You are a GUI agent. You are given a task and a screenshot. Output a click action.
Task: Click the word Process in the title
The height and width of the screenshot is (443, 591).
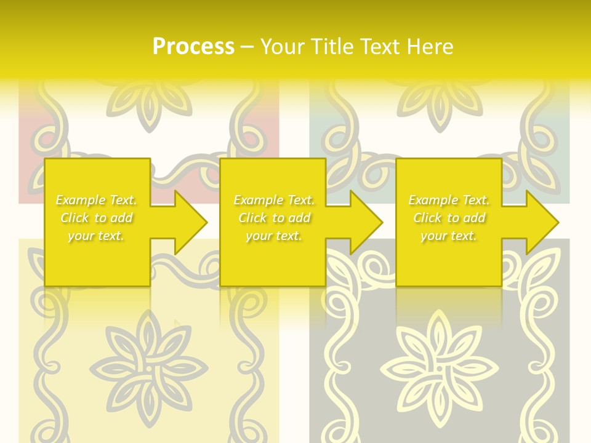pos(193,47)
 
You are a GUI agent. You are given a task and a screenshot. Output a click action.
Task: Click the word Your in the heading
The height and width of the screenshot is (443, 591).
pos(284,47)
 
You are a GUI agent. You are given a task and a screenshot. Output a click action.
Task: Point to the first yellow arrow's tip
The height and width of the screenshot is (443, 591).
pos(206,222)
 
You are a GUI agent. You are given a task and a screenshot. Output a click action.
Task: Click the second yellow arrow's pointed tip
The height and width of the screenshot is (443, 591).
pos(382,222)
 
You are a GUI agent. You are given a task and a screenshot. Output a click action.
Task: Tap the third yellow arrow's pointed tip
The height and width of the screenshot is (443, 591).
pos(558,222)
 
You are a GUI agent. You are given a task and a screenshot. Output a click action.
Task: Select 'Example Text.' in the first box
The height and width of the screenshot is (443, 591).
pos(96,200)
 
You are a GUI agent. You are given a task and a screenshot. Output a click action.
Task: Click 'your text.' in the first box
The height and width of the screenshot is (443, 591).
pos(96,236)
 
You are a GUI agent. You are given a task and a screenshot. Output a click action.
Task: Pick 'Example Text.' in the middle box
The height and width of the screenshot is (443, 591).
pos(274,200)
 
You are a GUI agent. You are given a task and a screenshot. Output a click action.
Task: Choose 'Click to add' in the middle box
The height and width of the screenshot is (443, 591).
pos(274,218)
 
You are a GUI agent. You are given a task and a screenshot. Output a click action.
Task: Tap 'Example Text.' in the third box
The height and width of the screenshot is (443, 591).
pos(449,200)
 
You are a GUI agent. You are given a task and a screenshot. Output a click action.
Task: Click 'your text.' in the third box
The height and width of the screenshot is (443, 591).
pos(449,236)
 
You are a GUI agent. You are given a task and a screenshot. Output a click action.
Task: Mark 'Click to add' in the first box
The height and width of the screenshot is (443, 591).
pos(96,218)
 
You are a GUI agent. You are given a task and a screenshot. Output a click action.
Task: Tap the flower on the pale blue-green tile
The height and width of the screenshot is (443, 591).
pos(438,98)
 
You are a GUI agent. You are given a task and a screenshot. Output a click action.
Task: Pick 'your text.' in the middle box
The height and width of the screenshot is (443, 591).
pos(274,236)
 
